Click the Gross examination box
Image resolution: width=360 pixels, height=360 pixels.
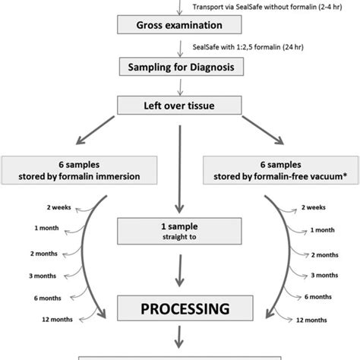click(180, 24)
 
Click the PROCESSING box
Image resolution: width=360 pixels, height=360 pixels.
click(180, 310)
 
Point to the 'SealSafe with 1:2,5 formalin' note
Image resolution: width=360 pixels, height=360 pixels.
click(234, 46)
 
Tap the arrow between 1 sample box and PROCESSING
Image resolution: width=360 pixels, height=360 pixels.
click(180, 267)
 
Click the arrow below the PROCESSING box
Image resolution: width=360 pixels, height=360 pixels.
click(180, 336)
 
